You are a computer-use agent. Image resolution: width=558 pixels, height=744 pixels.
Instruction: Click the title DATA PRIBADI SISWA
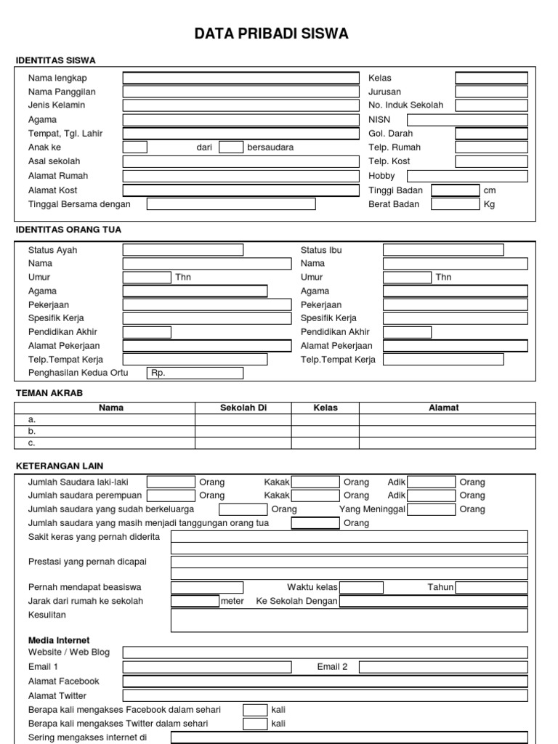tap(271, 34)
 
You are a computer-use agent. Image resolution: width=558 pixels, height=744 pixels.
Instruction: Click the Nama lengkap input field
tap(240, 78)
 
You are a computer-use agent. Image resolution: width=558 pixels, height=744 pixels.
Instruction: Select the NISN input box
tap(467, 119)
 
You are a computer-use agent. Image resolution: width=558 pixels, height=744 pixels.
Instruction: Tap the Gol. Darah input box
tap(491, 134)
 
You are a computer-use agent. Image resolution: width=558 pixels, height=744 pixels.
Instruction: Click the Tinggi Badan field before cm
tap(455, 190)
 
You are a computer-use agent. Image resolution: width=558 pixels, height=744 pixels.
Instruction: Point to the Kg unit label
tap(489, 204)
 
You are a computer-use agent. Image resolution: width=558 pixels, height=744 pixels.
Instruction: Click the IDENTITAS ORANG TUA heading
tap(68, 230)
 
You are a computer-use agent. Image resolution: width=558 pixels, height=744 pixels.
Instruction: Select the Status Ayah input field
tap(182, 250)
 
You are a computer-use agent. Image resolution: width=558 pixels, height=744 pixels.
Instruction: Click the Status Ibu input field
tap(443, 250)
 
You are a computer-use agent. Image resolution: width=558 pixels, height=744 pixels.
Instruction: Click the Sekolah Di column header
tap(243, 408)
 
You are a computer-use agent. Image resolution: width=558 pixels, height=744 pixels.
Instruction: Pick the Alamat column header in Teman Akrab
tap(443, 408)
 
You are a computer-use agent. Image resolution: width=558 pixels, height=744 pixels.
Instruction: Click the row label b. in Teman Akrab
tap(32, 431)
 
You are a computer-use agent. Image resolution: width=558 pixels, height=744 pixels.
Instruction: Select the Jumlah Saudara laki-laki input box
tap(171, 482)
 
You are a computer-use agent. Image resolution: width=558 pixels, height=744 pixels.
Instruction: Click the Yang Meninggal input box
tap(431, 509)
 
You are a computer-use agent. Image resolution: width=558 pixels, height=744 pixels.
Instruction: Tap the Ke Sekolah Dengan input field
tap(433, 601)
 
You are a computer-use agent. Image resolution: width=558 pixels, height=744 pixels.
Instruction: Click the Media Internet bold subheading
tap(59, 640)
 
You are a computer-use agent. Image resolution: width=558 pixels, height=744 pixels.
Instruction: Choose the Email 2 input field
tap(443, 667)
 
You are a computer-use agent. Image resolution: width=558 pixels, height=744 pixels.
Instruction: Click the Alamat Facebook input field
tap(325, 682)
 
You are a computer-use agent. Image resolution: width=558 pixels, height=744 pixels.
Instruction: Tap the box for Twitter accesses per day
tap(255, 724)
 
